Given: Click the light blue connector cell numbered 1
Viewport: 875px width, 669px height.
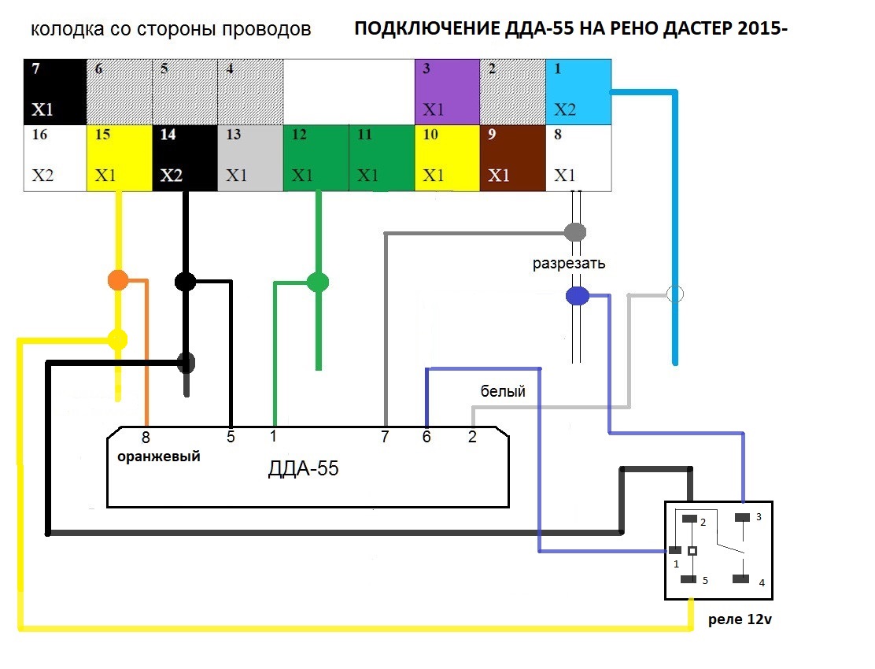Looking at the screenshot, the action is point(578,91).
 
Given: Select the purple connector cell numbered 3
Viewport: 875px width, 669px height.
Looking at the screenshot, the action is point(447,91).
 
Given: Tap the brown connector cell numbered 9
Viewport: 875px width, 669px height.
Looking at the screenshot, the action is point(513,158).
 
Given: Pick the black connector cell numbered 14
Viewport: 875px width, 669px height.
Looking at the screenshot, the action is point(185,158).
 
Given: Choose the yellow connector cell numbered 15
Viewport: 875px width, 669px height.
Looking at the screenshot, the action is point(120,158).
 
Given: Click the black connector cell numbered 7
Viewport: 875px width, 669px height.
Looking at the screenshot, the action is point(55,91).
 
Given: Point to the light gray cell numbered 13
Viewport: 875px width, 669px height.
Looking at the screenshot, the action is point(250,158).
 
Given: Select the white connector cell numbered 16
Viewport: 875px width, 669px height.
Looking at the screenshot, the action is point(55,158).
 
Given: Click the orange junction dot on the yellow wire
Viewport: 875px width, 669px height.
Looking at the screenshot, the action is point(118,279).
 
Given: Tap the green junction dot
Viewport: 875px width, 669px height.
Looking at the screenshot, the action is point(318,282).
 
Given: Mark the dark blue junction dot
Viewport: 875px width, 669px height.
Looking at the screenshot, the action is point(578,295).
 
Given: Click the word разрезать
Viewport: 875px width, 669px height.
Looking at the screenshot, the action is point(569,264).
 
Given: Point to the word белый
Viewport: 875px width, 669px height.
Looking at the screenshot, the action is point(503,391).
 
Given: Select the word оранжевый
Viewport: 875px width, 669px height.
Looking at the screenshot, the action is point(158,456).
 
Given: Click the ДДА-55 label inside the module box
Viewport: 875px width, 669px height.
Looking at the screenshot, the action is point(303,468).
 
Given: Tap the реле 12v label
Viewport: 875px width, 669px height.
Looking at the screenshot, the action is point(740,619).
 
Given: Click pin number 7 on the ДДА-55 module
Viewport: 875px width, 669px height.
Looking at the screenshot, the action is point(385,437).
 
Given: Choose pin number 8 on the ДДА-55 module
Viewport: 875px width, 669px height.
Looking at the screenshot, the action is point(146,438).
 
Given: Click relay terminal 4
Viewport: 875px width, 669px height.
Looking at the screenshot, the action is point(741,578).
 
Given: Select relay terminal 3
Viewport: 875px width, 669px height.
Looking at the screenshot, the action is point(742,518).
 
